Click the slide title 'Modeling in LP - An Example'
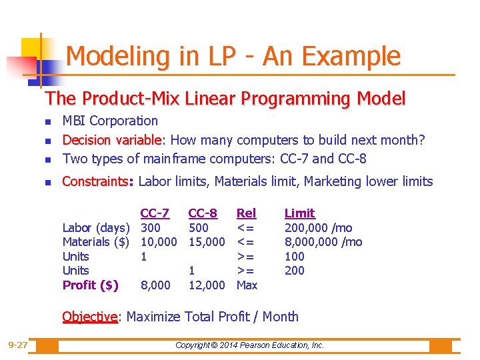point(233,57)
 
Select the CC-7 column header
point(154,213)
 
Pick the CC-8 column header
point(203,213)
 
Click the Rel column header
point(246,213)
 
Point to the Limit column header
point(299,213)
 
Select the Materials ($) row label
point(95,242)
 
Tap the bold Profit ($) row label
point(91,285)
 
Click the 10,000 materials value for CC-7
point(159,242)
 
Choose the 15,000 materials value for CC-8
point(207,242)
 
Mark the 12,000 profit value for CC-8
point(207,285)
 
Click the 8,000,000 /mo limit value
point(323,242)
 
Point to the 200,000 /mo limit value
point(319,228)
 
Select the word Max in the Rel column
point(247,285)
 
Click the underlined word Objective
point(90,317)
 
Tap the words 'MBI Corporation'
point(110,121)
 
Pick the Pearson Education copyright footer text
point(249,345)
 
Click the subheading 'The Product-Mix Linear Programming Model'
point(225,99)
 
